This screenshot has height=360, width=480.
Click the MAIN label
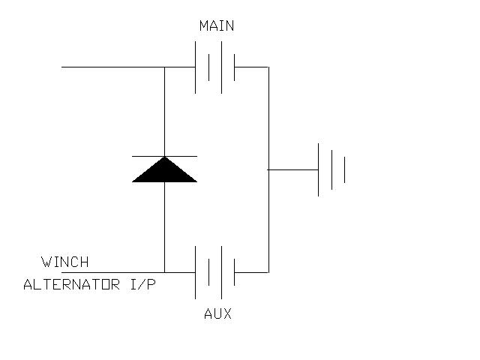(217, 25)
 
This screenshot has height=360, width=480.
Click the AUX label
(217, 313)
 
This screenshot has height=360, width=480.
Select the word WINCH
(65, 262)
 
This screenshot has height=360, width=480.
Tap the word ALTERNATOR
(72, 284)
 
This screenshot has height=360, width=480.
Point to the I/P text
(143, 284)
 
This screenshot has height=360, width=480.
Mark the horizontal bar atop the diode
(165, 157)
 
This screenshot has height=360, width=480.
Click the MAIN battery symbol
(215, 67)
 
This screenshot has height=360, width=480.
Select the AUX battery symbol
(215, 272)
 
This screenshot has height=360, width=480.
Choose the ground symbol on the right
(331, 170)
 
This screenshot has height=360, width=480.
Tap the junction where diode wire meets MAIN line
(165, 67)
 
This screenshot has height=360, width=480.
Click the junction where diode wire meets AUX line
(165, 272)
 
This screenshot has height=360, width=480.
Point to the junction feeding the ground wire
(268, 169)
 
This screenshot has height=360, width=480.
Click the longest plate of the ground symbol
(318, 170)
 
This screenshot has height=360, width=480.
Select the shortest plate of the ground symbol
(345, 170)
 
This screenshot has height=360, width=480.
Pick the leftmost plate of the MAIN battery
(195, 67)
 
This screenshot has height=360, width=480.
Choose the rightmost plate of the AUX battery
(235, 272)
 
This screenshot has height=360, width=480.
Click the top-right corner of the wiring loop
(268, 67)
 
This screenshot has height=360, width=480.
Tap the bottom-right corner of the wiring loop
(268, 272)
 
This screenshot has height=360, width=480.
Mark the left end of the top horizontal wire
(61, 67)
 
